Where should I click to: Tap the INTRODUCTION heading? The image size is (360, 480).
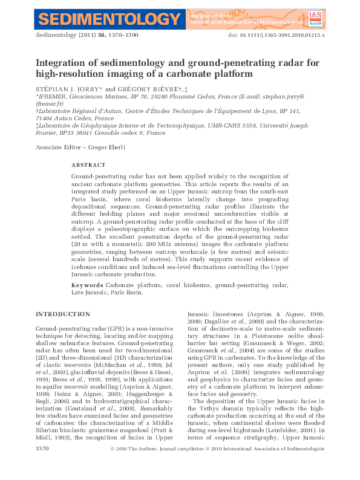pos(63,314)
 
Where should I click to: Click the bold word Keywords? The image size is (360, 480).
pos(87,284)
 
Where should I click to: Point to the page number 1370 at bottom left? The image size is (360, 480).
pos(42,466)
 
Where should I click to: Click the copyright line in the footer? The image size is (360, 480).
pos(218,466)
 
